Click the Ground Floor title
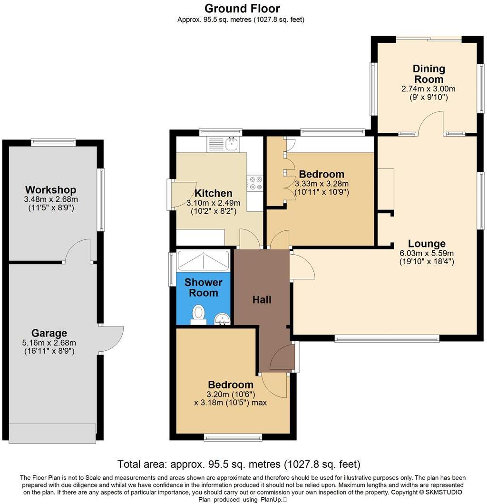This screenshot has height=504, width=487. (x=242, y=8)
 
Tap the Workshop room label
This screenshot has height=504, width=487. (x=50, y=190)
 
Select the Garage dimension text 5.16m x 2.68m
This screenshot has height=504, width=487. (x=50, y=343)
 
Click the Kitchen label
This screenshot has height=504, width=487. (x=214, y=193)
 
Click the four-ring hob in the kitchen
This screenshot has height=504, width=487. (x=255, y=183)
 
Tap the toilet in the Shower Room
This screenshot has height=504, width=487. (x=199, y=315)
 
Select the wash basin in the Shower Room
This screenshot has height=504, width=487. (x=222, y=319)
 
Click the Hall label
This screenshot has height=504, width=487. (x=262, y=300)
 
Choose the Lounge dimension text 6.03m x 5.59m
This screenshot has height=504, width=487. (x=427, y=253)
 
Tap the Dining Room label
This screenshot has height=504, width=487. (x=429, y=74)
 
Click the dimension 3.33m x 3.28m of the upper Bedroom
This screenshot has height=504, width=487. (x=321, y=184)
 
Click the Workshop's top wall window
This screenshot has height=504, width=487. (x=53, y=141)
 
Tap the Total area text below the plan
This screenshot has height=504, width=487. (x=239, y=464)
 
